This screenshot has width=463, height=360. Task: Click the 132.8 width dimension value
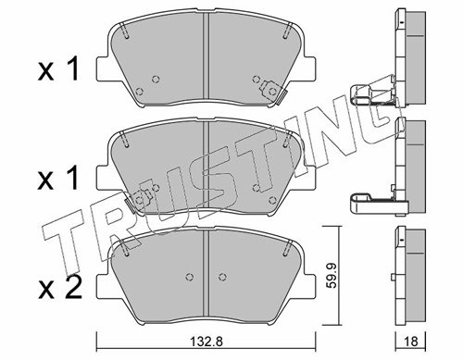[x=206, y=341]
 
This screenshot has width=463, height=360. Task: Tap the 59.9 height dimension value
[x=331, y=276]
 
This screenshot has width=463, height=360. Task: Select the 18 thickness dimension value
[x=410, y=341]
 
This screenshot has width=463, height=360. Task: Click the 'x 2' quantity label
[x=60, y=288]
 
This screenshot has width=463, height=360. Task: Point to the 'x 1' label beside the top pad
[x=58, y=70]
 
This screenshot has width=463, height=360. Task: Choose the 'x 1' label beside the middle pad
[x=58, y=180]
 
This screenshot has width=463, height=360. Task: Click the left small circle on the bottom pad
[x=190, y=277]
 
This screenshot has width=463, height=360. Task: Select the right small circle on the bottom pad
[x=222, y=277]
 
